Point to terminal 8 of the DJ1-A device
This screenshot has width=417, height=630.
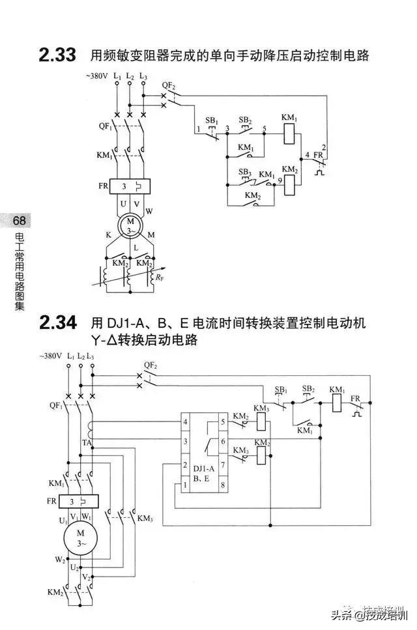coord(223,485)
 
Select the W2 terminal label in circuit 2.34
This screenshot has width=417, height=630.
coord(59,560)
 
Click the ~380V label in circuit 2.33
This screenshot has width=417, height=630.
coord(96,77)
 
